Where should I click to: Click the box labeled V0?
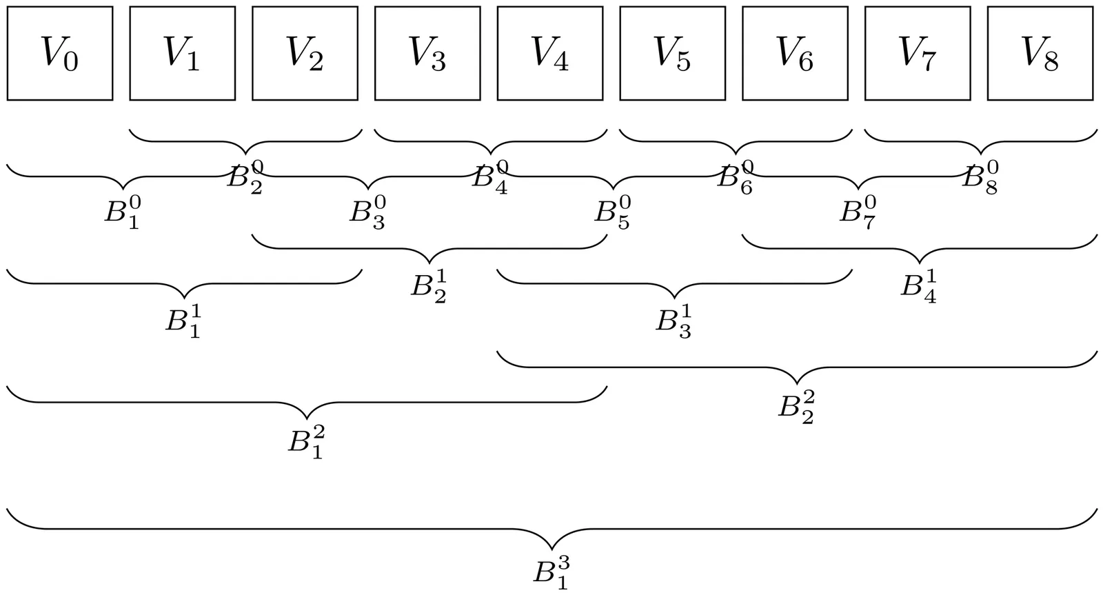coord(60,53)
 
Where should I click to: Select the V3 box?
coord(427,53)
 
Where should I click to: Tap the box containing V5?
coord(672,53)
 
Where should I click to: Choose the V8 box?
coord(1040,53)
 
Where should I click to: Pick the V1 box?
coord(182,53)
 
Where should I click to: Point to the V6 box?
coord(795,53)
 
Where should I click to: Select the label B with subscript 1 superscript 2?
coord(306,442)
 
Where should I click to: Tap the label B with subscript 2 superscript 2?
coord(797,407)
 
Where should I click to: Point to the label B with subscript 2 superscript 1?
coord(429,286)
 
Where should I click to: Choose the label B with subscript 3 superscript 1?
coord(674,321)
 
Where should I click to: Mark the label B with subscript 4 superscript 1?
coord(919,286)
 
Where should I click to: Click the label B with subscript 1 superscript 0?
coord(123,212)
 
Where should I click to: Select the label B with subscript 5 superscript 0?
coord(613,212)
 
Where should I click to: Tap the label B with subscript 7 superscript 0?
coord(858,212)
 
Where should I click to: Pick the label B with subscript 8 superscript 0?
coord(980,178)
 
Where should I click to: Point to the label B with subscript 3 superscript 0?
coord(367,212)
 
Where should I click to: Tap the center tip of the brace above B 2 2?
coord(797,383)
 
